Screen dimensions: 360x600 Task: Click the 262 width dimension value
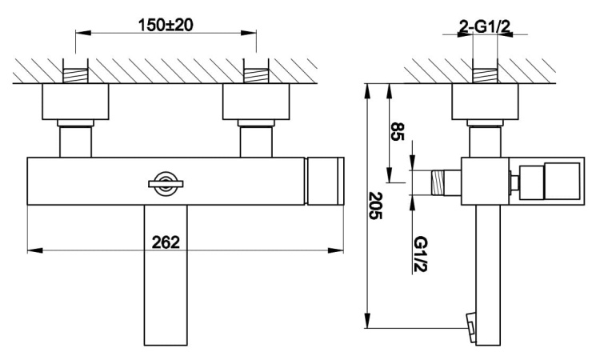(x=166, y=241)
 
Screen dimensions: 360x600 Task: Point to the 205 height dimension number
(x=377, y=206)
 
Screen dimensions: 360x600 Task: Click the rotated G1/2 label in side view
(x=419, y=250)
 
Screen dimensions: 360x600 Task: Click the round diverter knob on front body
(x=166, y=183)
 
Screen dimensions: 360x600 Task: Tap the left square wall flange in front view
(x=75, y=104)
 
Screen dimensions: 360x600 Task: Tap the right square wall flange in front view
(x=258, y=104)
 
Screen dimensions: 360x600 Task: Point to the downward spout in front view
(x=166, y=272)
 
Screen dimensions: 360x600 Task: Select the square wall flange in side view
(x=485, y=104)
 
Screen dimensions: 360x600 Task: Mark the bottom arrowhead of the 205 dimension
(x=367, y=323)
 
